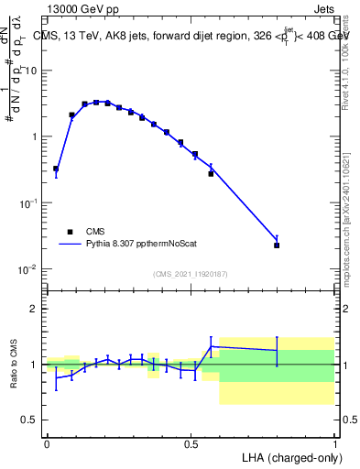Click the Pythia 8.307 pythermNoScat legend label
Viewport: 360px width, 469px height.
coord(136,245)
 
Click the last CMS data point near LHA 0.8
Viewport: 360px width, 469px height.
coord(277,245)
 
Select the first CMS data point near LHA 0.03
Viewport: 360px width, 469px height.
coord(56,169)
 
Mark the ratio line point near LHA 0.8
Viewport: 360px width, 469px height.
coord(277,351)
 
